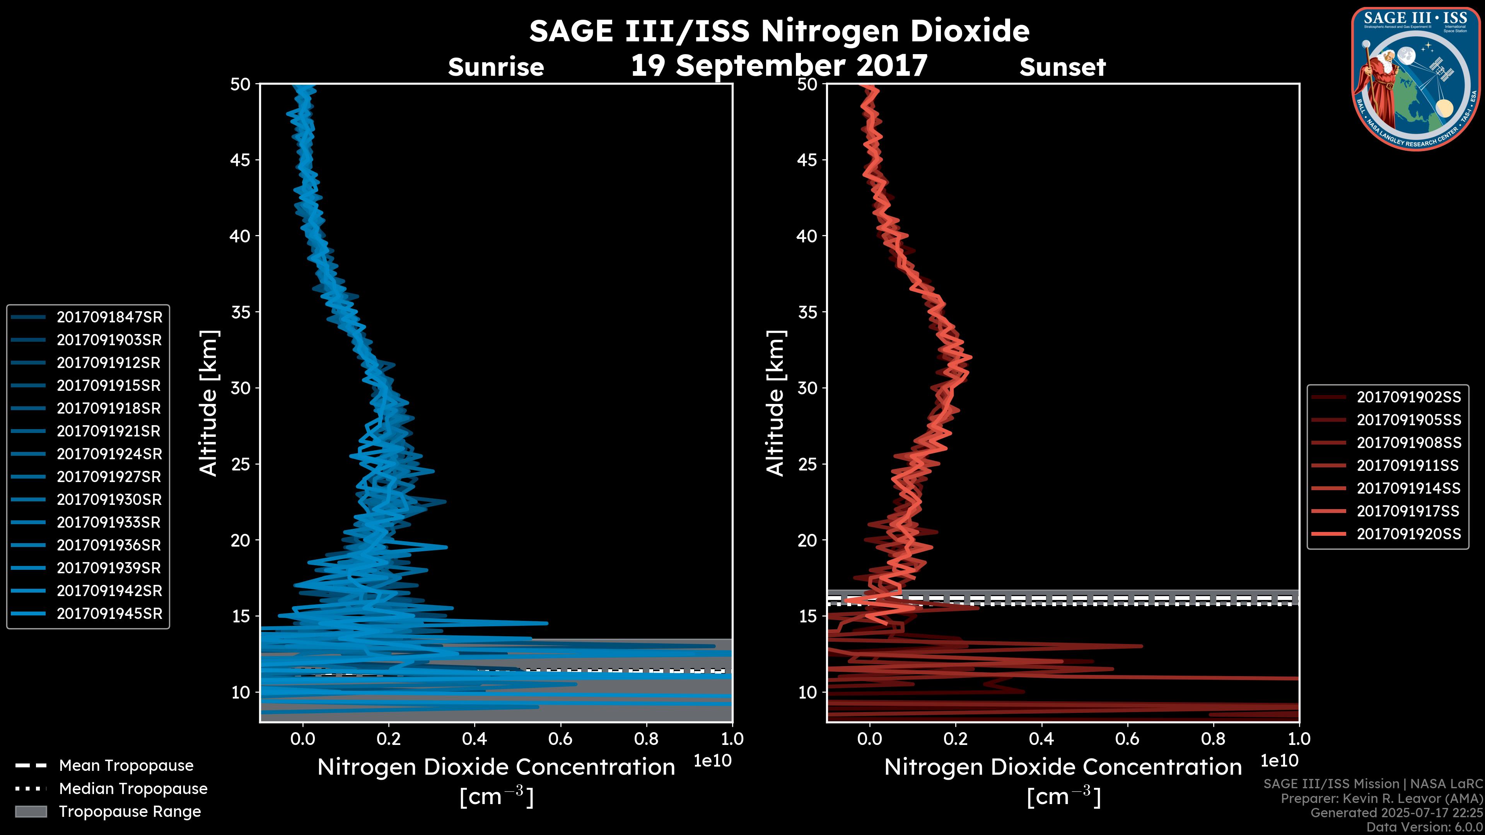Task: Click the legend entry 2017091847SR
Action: pyautogui.click(x=109, y=317)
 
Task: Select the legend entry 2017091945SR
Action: pyautogui.click(x=109, y=614)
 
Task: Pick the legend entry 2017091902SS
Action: pyautogui.click(x=1408, y=397)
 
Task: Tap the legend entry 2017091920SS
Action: pyautogui.click(x=1408, y=534)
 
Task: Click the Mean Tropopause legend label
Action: pyautogui.click(x=126, y=765)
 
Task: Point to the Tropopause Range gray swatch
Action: pyautogui.click(x=31, y=811)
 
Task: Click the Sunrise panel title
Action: pyautogui.click(x=496, y=67)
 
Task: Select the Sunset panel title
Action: pyautogui.click(x=1062, y=67)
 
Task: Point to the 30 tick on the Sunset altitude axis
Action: pyautogui.click(x=807, y=389)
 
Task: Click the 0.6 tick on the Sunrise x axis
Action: pyautogui.click(x=560, y=739)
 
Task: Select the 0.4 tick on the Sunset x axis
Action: pyautogui.click(x=1041, y=739)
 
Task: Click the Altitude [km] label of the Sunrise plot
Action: pyautogui.click(x=208, y=403)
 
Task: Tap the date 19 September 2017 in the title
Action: pyautogui.click(x=779, y=66)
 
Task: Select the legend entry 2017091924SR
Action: pyautogui.click(x=109, y=454)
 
